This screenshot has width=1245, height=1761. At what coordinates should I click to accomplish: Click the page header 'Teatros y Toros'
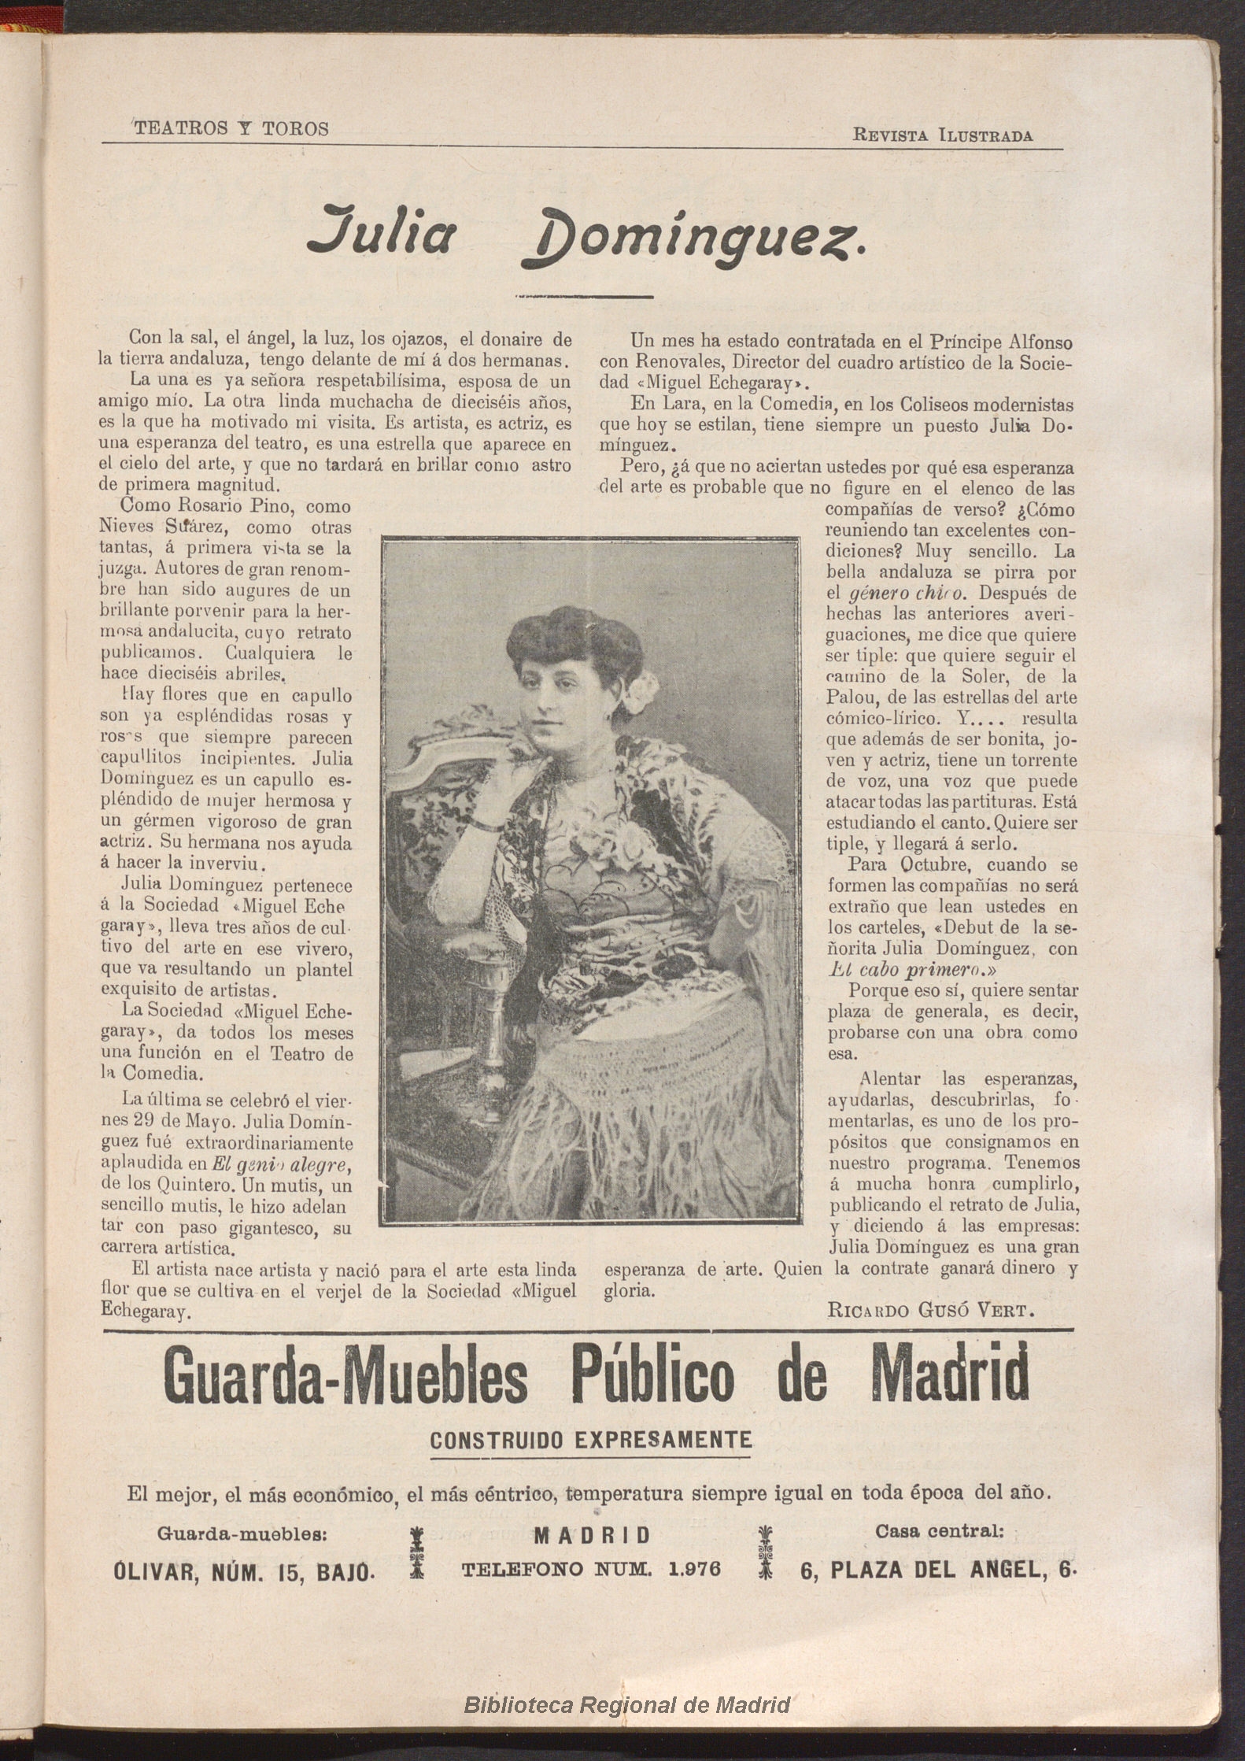coord(231,128)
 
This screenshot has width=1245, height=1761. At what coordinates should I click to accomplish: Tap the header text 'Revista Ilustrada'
coord(943,135)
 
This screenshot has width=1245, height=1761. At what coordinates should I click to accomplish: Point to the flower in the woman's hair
coord(640,690)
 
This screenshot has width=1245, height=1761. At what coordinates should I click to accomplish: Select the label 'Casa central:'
coord(940,1532)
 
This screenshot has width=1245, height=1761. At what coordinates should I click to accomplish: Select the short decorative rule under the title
coord(583,297)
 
